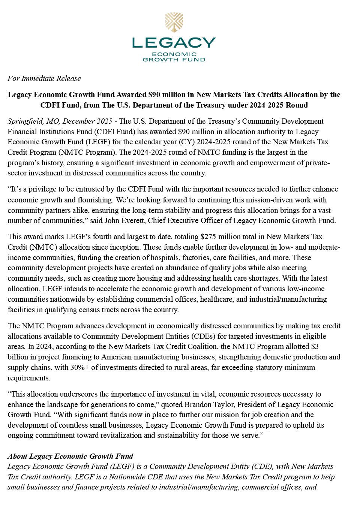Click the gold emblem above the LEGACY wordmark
[174, 23]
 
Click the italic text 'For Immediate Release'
[44, 78]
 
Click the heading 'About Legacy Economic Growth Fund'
[70, 456]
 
